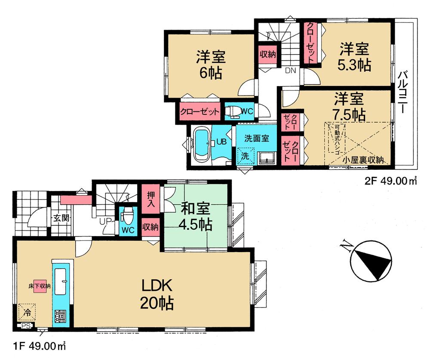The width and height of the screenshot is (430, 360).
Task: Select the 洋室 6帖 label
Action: point(210,65)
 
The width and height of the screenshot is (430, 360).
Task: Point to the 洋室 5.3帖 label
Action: point(354,57)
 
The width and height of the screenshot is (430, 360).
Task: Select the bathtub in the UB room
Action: point(201,145)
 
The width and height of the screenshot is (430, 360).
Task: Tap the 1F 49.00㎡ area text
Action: point(39,345)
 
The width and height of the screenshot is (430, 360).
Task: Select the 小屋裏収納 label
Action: point(363,159)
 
